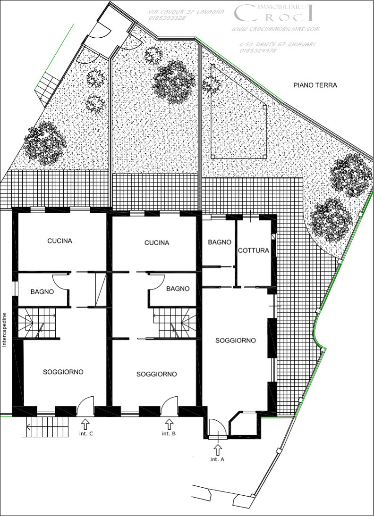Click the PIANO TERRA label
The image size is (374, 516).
coord(315,85)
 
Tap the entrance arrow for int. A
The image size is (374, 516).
coord(218,449)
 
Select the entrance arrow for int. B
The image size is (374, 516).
coord(170,424)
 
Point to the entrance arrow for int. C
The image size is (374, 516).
coord(85,424)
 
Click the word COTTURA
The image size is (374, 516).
coord(254,250)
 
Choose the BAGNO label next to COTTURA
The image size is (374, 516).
coord(220,242)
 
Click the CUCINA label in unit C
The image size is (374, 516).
coord(59,241)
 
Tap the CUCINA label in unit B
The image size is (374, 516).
coord(156,243)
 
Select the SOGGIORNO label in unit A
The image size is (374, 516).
coord(235,341)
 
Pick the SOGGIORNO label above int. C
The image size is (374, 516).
coord(63,372)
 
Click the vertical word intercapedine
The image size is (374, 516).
coord(5,330)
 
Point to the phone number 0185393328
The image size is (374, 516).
coord(167,18)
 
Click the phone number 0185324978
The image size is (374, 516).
coord(258,50)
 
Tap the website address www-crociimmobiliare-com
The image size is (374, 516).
coord(275,29)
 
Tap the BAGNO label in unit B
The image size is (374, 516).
coord(178,289)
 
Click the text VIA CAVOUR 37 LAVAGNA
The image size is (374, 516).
coord(186,12)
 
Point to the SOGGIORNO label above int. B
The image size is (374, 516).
coord(156,374)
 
